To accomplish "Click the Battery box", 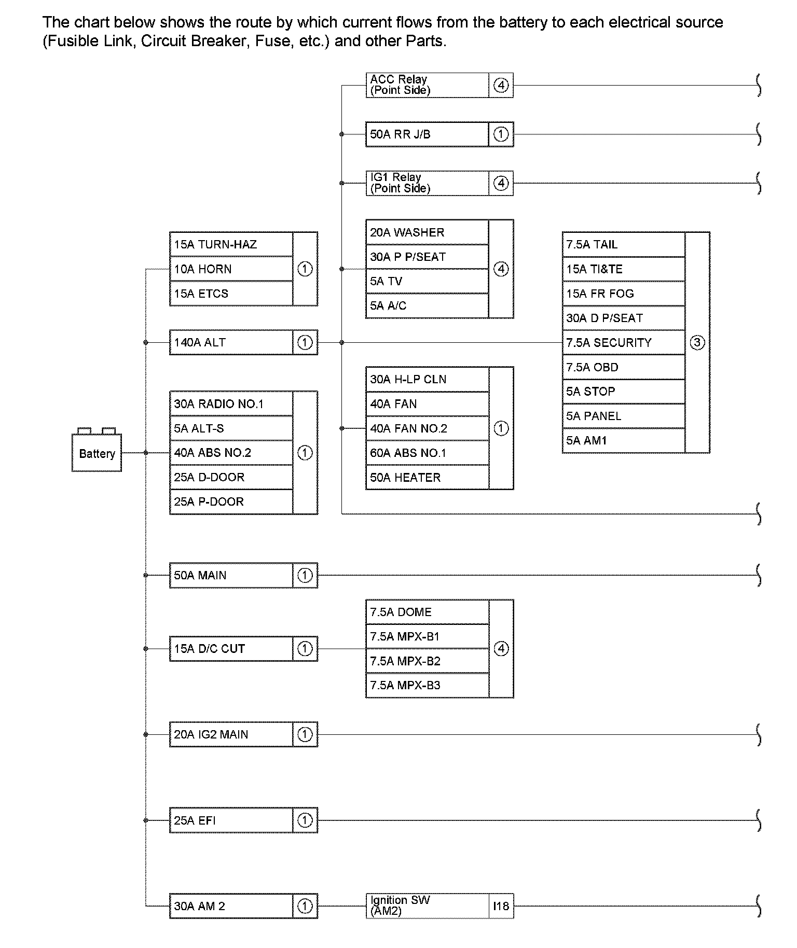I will click(x=97, y=454).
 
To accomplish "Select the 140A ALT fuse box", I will click(x=231, y=343).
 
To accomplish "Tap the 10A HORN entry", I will click(x=231, y=269).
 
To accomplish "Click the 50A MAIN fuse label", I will click(x=231, y=576).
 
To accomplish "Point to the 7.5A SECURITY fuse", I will click(x=623, y=343).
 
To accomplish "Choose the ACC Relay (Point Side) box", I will click(x=427, y=85).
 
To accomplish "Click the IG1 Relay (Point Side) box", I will click(x=427, y=183).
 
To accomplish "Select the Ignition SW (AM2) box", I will click(x=427, y=907).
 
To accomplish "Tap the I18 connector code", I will click(x=501, y=907).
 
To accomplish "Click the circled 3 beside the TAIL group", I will click(x=697, y=343).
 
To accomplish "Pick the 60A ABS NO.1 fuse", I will click(x=427, y=453).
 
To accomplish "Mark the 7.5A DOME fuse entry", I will click(x=427, y=612).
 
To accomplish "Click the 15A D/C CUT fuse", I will click(x=231, y=649).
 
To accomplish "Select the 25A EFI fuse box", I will click(x=231, y=820).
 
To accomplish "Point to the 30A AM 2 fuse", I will click(x=231, y=907).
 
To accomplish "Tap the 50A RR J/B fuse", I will click(x=427, y=134).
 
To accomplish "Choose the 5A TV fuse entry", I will click(x=427, y=282).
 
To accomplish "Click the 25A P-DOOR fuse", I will click(x=231, y=502).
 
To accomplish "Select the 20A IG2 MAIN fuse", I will click(x=231, y=735).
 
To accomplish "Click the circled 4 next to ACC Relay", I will click(x=501, y=85).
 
